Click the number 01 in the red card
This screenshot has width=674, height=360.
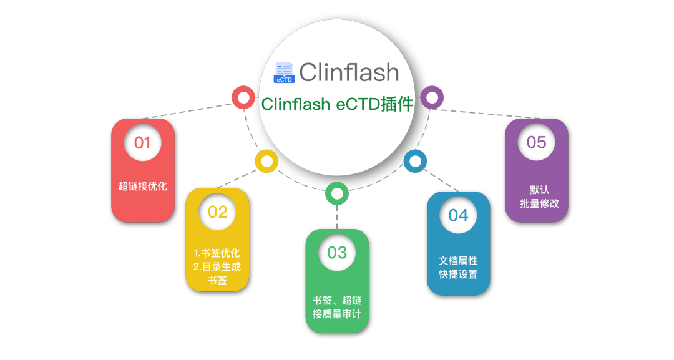[142, 143]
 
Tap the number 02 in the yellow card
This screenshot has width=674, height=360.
[217, 212]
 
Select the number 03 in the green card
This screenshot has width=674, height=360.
[337, 253]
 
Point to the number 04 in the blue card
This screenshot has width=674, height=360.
[458, 215]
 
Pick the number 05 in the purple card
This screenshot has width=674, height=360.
[536, 142]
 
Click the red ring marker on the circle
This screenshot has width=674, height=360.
[243, 98]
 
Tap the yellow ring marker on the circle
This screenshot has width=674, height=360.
[266, 161]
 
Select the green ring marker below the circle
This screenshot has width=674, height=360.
[337, 193]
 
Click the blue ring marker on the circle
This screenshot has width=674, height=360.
[415, 161]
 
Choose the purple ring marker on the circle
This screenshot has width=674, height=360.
[431, 97]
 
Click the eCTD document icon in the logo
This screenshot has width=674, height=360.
[284, 72]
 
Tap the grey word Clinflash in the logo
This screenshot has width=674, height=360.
[348, 72]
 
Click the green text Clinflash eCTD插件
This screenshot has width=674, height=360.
[337, 104]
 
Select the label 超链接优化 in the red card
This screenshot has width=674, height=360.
[142, 186]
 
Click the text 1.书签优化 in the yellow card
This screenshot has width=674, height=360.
[217, 253]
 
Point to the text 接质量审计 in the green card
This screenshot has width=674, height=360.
[337, 314]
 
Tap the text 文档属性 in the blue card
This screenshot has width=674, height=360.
[458, 260]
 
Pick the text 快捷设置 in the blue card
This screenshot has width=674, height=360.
[458, 274]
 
